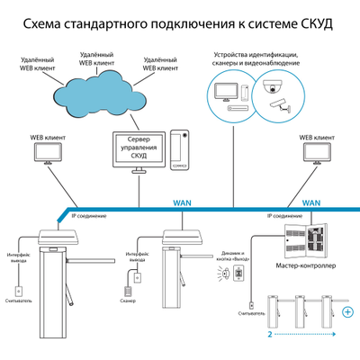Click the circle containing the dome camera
pos(274,94)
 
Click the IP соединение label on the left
pos(88,217)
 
